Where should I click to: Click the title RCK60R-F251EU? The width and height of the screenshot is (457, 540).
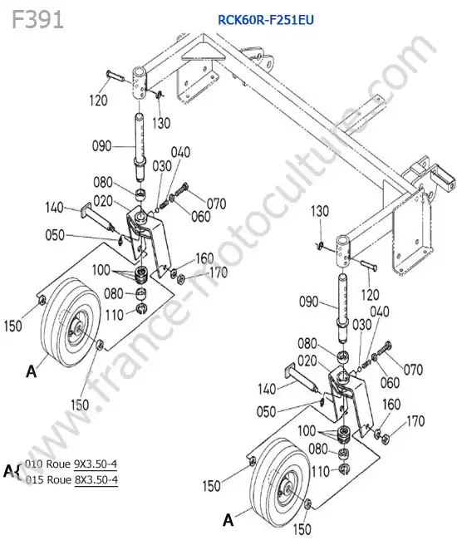click(x=266, y=20)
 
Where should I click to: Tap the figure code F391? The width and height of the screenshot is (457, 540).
click(x=38, y=19)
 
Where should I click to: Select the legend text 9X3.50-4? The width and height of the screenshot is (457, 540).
click(x=96, y=464)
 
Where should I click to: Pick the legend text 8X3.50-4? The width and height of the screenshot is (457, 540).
click(x=96, y=479)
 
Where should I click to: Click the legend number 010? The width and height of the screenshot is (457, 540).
click(x=33, y=464)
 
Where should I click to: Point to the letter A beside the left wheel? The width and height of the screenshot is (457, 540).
click(x=32, y=371)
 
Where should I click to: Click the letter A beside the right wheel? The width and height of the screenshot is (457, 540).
click(x=228, y=520)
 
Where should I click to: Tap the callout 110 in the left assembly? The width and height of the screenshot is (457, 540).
click(x=115, y=315)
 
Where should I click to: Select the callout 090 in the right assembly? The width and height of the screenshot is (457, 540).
click(x=308, y=302)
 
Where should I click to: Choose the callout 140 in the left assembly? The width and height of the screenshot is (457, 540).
click(x=54, y=208)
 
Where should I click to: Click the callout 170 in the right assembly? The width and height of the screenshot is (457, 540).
click(x=415, y=421)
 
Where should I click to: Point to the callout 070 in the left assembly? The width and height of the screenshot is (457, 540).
click(x=216, y=204)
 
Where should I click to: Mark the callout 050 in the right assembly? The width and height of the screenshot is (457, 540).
click(x=266, y=411)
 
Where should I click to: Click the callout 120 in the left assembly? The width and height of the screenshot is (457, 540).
click(x=99, y=101)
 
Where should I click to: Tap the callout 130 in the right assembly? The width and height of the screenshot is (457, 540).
click(x=320, y=211)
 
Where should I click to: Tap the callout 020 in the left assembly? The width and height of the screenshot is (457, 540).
click(x=103, y=201)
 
